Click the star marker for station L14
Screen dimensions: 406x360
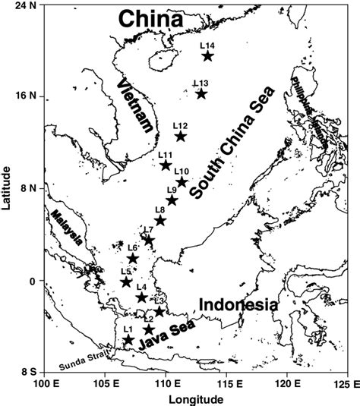tap(207, 55)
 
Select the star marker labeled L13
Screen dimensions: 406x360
tap(201, 93)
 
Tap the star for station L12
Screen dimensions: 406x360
tap(181, 136)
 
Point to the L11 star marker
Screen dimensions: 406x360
tap(166, 165)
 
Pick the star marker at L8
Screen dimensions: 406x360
tap(160, 220)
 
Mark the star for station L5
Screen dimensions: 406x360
tap(127, 282)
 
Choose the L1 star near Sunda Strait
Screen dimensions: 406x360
tap(128, 340)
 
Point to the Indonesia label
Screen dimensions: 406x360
tap(237, 304)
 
